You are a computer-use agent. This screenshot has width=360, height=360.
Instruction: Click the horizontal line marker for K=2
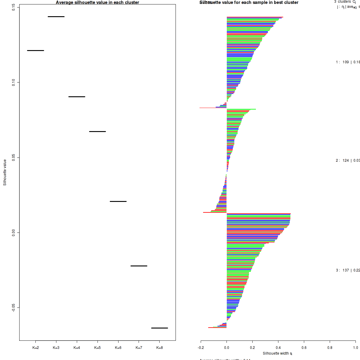[x=35, y=50]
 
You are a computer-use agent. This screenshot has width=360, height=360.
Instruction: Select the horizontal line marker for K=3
[x=56, y=16]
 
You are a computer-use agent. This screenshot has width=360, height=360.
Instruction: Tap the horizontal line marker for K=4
[x=77, y=97]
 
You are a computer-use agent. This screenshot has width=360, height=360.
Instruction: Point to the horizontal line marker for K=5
[x=97, y=131]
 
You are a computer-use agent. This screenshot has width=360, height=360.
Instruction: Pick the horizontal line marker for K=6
[x=118, y=201]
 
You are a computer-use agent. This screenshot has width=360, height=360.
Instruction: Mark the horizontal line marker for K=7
[x=139, y=266]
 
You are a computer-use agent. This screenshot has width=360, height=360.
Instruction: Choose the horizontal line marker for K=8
[x=160, y=328]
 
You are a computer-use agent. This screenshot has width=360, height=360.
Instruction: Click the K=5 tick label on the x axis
[x=97, y=348]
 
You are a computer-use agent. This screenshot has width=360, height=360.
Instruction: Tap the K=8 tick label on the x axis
[x=160, y=348]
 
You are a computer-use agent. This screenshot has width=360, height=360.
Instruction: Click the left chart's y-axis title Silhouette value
[x=5, y=172]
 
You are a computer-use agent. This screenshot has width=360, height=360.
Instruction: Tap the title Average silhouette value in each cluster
[x=97, y=2]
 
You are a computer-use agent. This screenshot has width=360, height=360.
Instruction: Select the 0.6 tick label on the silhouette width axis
[x=304, y=348]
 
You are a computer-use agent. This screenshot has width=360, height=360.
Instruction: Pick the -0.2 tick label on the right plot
[x=201, y=348]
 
